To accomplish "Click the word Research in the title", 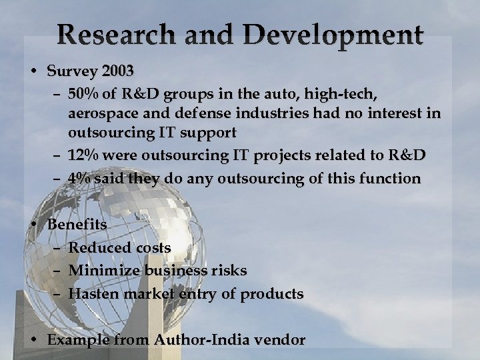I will (x=111, y=35).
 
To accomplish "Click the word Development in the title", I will (x=333, y=35).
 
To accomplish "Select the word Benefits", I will (x=77, y=225).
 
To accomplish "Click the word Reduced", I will (x=101, y=248).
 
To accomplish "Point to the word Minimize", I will (x=104, y=271).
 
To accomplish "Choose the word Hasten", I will (x=95, y=293).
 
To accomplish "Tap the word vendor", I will (x=279, y=339).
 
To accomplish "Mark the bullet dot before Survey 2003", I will (x=33, y=71).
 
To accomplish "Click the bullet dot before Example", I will (x=33, y=339).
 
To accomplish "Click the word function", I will (x=390, y=179).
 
